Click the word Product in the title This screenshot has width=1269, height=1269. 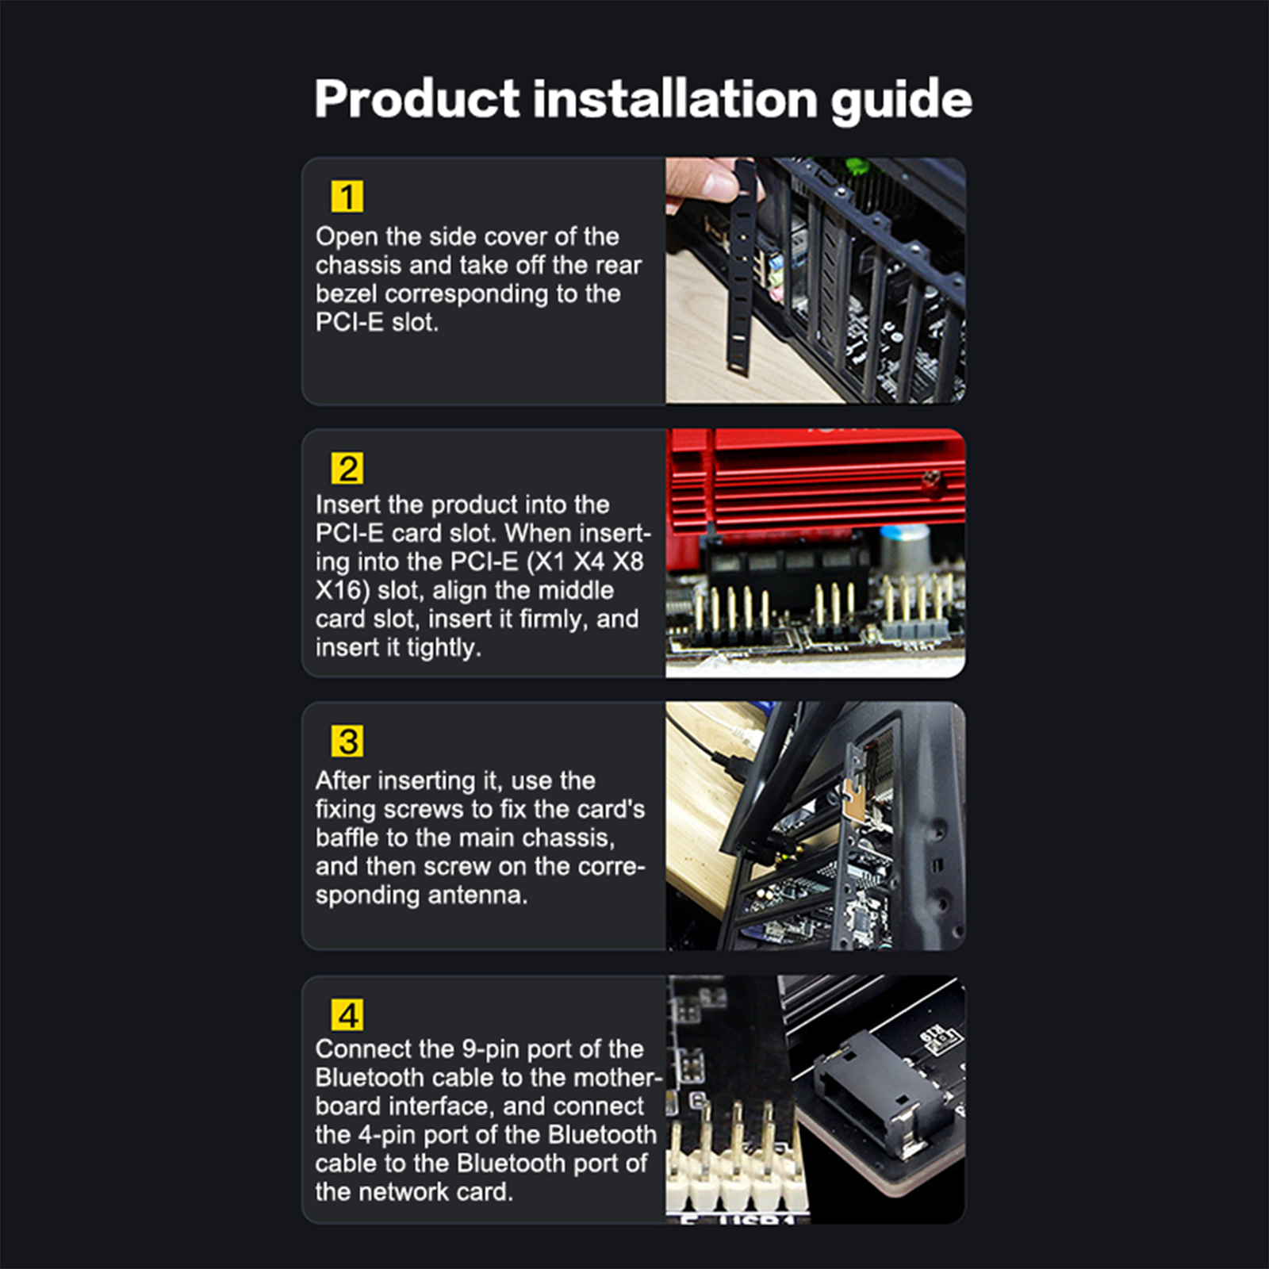pos(418,99)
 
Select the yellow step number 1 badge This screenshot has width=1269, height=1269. pos(347,196)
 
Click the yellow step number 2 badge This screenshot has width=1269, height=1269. pos(347,468)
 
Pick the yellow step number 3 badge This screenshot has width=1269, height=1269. pos(347,741)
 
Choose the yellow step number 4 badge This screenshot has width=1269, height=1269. pos(347,1014)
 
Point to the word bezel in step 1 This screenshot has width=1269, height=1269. pos(347,293)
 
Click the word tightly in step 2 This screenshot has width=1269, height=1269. pos(444,649)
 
